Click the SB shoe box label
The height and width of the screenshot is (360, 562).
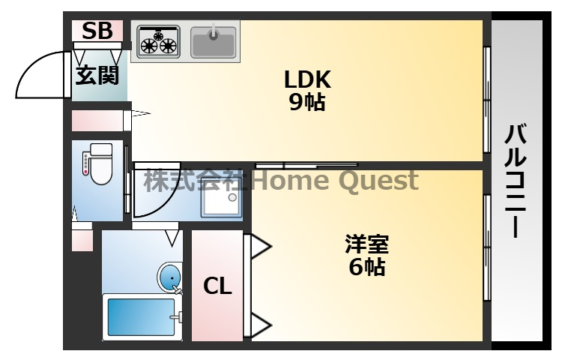click(x=97, y=31)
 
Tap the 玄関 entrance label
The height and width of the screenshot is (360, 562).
click(x=97, y=75)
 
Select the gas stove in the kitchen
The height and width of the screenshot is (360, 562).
click(x=158, y=41)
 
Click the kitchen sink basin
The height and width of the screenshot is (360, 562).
click(x=214, y=42)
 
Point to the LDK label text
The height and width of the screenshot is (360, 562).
click(x=307, y=79)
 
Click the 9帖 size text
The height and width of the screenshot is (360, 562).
click(x=307, y=102)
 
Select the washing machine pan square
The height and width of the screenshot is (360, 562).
click(x=221, y=202)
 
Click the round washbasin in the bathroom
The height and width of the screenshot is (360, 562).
click(x=169, y=278)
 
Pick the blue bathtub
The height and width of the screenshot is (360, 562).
click(x=142, y=317)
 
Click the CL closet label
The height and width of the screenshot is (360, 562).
click(x=217, y=286)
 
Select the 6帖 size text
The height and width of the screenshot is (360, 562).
click(x=366, y=267)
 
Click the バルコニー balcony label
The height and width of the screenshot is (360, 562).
click(x=516, y=181)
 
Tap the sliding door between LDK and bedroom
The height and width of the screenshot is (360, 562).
click(x=306, y=165)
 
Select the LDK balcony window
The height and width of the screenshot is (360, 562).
click(x=487, y=100)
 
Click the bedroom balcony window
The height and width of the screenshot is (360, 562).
click(x=487, y=247)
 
